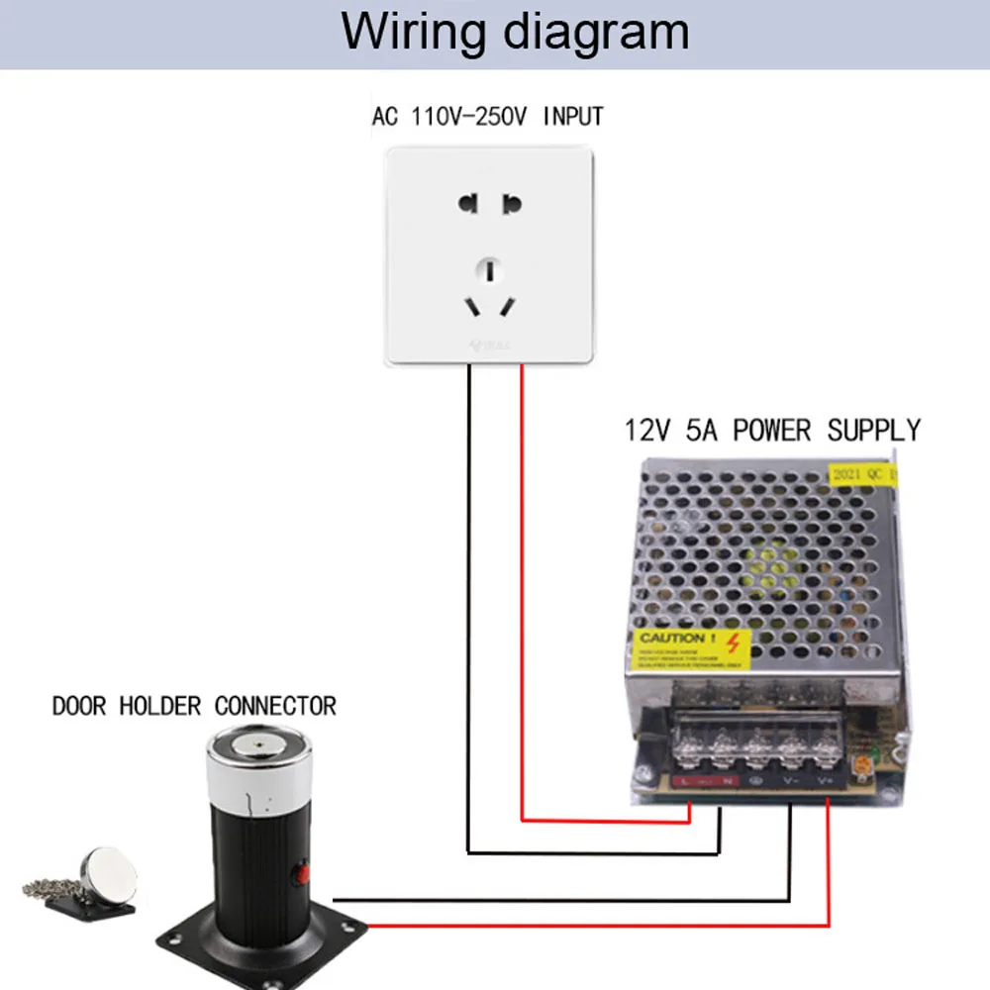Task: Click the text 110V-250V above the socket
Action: pos(469,117)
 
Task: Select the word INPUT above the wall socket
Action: pos(573,117)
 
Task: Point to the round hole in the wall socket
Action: pos(490,267)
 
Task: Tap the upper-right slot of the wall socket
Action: pos(511,206)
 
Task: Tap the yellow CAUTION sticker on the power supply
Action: pos(691,648)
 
